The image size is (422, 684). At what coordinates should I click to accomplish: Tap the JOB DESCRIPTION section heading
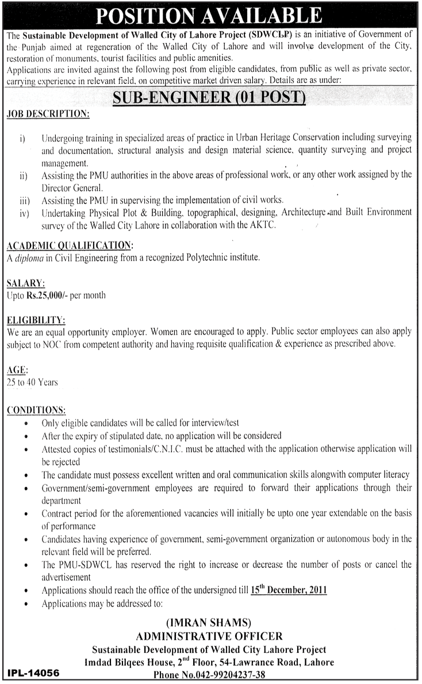[48, 115]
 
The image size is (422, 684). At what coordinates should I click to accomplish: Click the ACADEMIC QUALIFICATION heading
[70, 245]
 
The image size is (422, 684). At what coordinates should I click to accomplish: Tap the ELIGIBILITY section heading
[36, 320]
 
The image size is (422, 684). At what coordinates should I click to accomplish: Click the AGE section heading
[18, 370]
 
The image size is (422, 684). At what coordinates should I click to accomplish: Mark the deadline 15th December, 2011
[289, 590]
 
